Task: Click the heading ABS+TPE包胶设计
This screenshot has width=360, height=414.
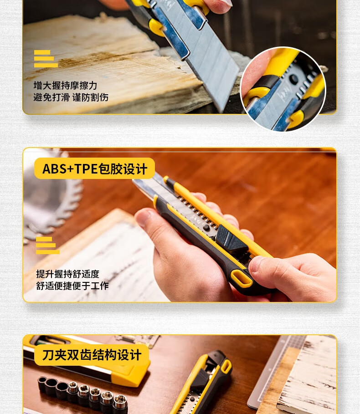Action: [x=94, y=169]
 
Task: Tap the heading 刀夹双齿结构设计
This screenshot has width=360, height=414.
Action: [x=92, y=355]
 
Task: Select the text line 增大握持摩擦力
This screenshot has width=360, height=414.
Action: [x=65, y=86]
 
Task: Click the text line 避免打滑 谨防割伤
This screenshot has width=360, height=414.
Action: [x=71, y=97]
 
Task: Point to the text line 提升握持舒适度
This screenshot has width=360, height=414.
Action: [x=67, y=274]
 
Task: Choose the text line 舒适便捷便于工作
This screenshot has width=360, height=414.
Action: [x=72, y=286]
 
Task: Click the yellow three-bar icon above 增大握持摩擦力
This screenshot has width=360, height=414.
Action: [x=46, y=59]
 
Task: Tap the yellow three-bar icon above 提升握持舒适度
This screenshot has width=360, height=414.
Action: [x=47, y=245]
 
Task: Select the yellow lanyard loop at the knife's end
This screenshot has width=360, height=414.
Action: [x=241, y=278]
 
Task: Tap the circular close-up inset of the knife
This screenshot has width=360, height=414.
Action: [x=283, y=89]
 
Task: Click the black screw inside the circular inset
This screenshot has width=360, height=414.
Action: [x=293, y=79]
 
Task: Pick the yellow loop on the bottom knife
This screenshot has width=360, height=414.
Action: [x=226, y=367]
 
